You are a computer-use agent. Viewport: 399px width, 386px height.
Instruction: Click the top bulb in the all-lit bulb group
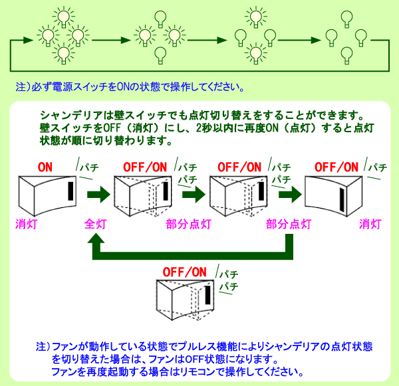tap(64, 17)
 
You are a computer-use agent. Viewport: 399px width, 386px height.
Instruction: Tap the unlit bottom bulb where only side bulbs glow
tap(160, 55)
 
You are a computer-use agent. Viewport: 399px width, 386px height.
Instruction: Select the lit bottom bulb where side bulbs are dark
tap(256, 53)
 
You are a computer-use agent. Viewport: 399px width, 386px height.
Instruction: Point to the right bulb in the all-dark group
tap(360, 38)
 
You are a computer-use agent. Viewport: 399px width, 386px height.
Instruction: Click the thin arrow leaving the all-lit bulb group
tap(111, 40)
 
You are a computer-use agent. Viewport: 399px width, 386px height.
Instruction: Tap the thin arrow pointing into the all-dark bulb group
tap(299, 40)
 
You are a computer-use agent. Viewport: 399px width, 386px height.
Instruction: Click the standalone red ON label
tap(45, 167)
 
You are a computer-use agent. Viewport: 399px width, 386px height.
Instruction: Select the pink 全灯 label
tap(95, 224)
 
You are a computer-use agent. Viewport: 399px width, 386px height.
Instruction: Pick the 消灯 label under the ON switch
tap(26, 224)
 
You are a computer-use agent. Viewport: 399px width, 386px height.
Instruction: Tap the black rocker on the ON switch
tap(70, 191)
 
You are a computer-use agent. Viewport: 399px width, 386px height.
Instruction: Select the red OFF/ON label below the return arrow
tap(184, 272)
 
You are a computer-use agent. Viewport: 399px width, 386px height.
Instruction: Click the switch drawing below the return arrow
tap(185, 300)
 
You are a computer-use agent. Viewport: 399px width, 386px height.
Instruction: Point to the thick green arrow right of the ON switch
tap(98, 195)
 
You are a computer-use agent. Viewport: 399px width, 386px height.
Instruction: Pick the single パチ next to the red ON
tap(89, 167)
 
